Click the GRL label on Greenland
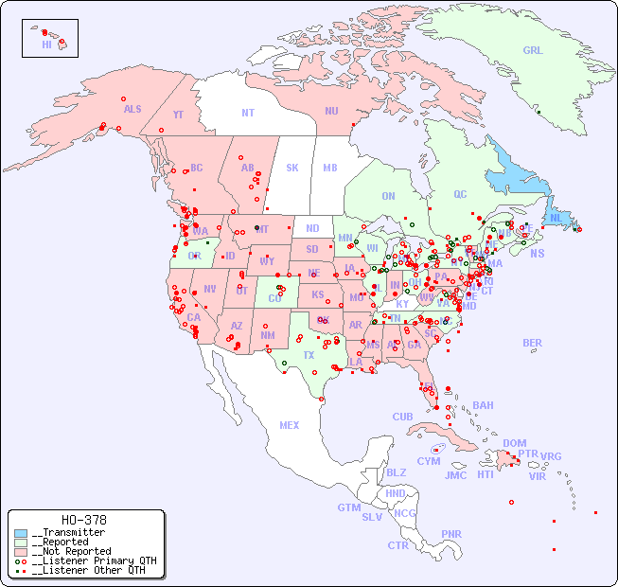(533, 51)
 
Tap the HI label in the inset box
(46, 44)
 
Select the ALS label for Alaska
(132, 110)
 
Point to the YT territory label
(178, 115)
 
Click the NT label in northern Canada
(247, 113)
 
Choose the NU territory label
(331, 111)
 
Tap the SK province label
(292, 168)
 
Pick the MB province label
(329, 168)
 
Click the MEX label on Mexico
(290, 425)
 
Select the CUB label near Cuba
(402, 417)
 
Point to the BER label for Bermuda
(532, 343)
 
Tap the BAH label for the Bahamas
(483, 405)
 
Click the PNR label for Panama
(451, 534)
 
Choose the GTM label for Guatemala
(348, 507)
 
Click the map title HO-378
(83, 520)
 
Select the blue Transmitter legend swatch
(21, 533)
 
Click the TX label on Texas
(309, 355)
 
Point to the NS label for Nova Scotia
(537, 254)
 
